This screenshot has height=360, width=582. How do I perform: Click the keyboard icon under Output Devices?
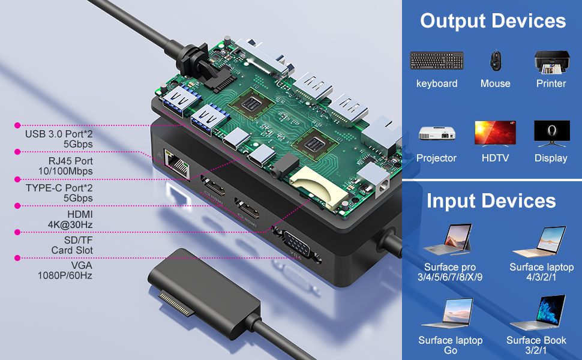pos(437,60)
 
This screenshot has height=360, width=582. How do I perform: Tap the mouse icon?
pos(495,60)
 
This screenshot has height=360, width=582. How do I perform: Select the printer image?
pos(551,61)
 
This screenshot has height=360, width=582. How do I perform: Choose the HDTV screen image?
pos(495,133)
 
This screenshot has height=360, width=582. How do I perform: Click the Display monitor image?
pos(551,133)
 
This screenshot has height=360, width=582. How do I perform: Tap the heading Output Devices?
pos(493,21)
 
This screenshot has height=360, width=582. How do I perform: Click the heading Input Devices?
pos(491,201)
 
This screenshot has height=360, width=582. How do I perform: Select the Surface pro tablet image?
pos(449,239)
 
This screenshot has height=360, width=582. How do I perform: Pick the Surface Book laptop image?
pos(544,313)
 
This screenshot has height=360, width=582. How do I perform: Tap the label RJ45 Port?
pos(71,161)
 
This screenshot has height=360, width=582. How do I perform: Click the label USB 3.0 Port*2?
pos(59,134)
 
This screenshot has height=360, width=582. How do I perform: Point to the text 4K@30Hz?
pos(71,224)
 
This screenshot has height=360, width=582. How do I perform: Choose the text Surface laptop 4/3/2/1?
pos(542,272)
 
